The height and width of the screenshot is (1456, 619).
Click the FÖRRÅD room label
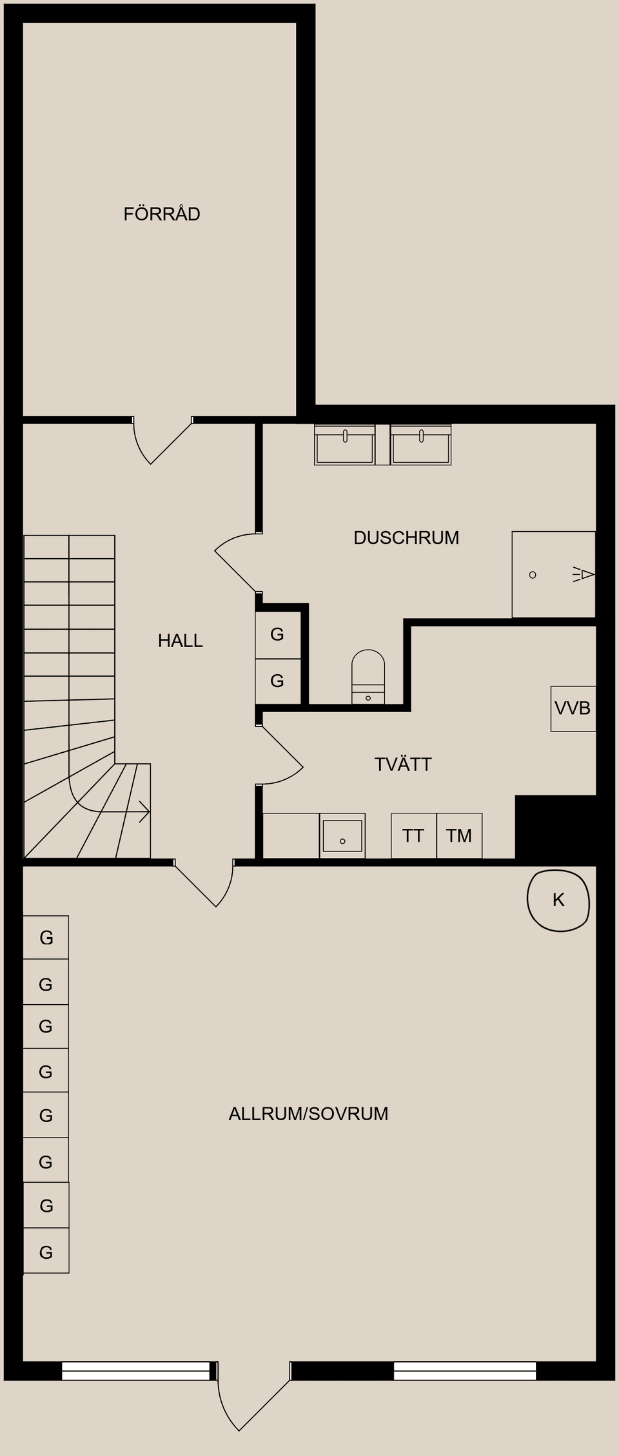[x=162, y=214]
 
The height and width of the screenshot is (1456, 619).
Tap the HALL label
[x=181, y=640]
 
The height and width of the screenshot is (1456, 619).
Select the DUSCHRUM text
[x=406, y=538]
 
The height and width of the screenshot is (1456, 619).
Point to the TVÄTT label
[x=403, y=764]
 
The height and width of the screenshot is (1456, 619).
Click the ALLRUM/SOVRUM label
[x=308, y=1114]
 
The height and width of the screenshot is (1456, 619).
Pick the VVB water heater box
[x=573, y=708]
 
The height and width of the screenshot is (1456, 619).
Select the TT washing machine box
[x=413, y=836]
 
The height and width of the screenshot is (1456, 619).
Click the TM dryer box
[x=459, y=836]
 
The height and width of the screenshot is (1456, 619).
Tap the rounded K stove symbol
[x=558, y=900]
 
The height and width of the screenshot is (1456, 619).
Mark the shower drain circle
[x=533, y=574]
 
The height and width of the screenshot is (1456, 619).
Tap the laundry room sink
[x=342, y=836]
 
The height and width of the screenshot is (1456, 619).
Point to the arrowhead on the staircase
[x=146, y=812]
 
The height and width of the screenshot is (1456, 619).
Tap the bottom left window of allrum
[x=136, y=1371]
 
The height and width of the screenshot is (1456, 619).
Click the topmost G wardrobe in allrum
[x=46, y=938]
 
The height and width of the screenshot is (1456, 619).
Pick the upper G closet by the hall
[x=278, y=635]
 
